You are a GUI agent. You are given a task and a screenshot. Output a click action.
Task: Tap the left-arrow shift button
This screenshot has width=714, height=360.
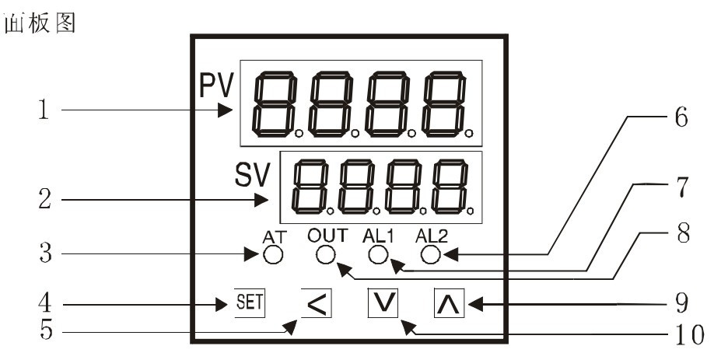314,302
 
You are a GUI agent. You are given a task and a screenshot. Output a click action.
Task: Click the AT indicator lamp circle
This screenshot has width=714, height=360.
273,253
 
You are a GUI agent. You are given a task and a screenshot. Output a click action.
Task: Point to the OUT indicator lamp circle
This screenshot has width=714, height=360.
326,253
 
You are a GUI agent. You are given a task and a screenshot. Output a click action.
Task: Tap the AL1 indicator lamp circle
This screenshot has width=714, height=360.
378,253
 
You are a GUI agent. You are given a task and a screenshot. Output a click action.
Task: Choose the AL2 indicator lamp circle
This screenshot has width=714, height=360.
430,253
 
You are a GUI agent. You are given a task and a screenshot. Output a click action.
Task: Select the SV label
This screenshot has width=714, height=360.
251,176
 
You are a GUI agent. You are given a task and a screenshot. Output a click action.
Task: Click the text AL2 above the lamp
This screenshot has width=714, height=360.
432,235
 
